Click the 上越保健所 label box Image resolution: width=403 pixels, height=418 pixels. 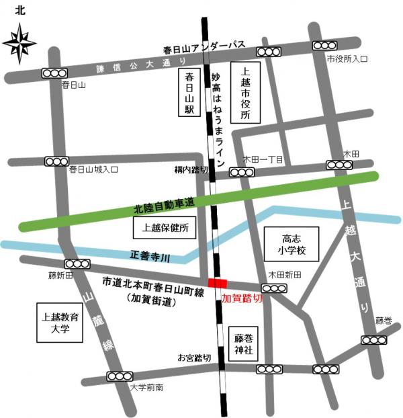click(x=165, y=228)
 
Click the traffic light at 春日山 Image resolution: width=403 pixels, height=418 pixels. click(x=54, y=73)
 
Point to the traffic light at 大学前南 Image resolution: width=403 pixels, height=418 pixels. click(x=122, y=377)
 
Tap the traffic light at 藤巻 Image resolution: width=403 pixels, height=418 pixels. click(x=373, y=340)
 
